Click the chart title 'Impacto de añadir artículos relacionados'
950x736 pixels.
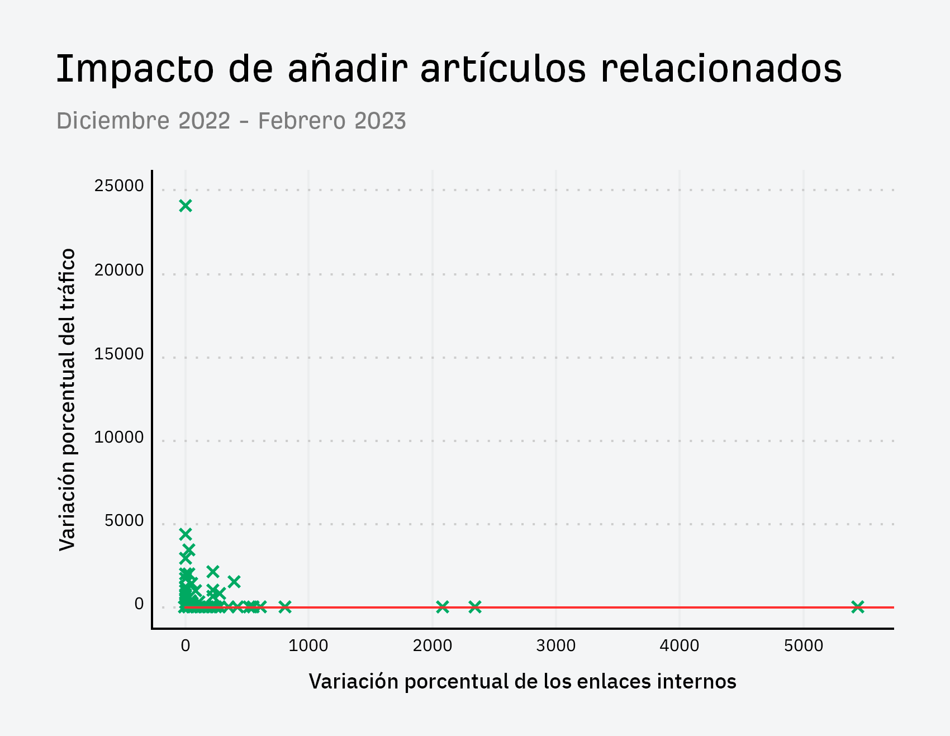(x=449, y=69)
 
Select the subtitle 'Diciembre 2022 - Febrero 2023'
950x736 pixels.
(x=231, y=121)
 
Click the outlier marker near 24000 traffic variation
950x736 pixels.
(x=186, y=206)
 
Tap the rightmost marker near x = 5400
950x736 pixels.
(x=858, y=607)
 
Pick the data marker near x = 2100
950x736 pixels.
(x=443, y=607)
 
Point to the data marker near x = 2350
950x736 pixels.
(x=475, y=607)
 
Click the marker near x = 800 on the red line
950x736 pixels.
(x=285, y=607)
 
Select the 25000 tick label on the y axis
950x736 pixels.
(x=119, y=186)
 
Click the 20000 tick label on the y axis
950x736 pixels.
(x=119, y=270)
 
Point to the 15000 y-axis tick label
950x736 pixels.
(x=119, y=354)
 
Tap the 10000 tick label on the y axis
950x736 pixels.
(x=119, y=438)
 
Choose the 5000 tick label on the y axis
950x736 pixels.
(x=124, y=521)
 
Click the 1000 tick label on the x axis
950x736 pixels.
(x=308, y=646)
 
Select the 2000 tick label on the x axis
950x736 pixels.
(x=433, y=646)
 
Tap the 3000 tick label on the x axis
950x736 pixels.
(x=556, y=646)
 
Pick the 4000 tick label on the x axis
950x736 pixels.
(x=680, y=646)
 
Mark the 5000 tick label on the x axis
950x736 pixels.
(x=804, y=646)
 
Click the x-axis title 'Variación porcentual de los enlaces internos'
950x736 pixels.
(x=522, y=682)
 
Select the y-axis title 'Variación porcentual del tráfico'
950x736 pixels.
(x=68, y=400)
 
